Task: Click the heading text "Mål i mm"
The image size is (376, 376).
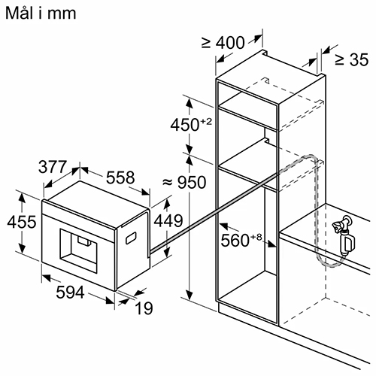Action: pyautogui.click(x=41, y=13)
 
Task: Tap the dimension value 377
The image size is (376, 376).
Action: pyautogui.click(x=53, y=167)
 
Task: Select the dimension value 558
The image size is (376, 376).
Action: pyautogui.click(x=120, y=177)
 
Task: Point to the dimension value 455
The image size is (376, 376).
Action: pyautogui.click(x=22, y=222)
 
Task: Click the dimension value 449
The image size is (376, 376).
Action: pyautogui.click(x=168, y=221)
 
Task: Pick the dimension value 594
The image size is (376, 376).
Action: pyautogui.click(x=70, y=293)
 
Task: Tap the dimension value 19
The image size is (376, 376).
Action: pyautogui.click(x=144, y=308)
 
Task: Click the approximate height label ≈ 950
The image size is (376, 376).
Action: pyautogui.click(x=184, y=182)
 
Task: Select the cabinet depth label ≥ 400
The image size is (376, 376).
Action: pyautogui.click(x=223, y=43)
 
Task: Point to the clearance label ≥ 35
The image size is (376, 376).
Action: pyautogui.click(x=352, y=59)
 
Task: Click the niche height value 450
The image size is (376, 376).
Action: pyautogui.click(x=185, y=125)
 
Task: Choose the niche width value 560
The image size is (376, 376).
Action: pyautogui.click(x=235, y=241)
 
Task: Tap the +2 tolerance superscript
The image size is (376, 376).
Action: pyautogui.click(x=206, y=122)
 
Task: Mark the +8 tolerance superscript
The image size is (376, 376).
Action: pyautogui.click(x=256, y=237)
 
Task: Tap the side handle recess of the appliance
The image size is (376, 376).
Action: pyautogui.click(x=131, y=238)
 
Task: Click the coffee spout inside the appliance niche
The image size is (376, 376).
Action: pyautogui.click(x=84, y=240)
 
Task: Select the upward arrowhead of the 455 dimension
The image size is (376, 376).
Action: pyautogui.click(x=23, y=198)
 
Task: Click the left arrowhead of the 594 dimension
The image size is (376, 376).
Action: pyautogui.click(x=47, y=277)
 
